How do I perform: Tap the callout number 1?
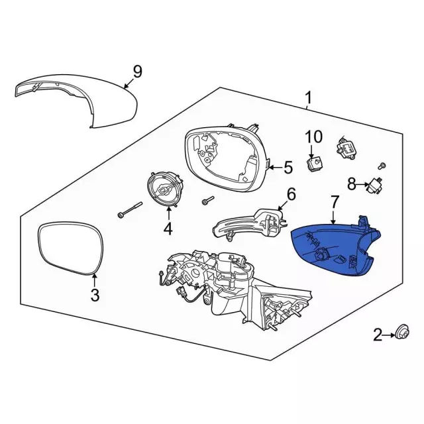(x=308, y=99)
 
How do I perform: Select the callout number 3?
(x=95, y=295)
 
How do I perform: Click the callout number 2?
(x=378, y=337)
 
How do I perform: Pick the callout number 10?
(x=313, y=137)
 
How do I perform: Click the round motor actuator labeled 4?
(x=164, y=187)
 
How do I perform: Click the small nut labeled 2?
(x=401, y=333)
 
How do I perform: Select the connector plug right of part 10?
(x=347, y=146)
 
